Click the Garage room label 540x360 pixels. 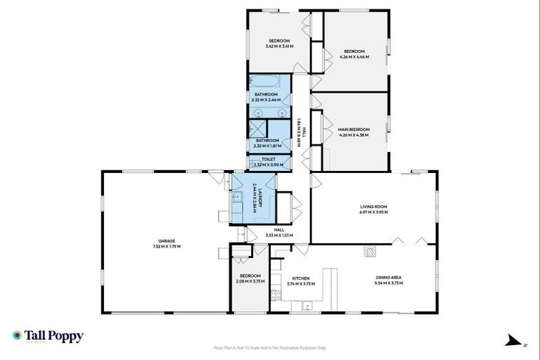tap(167, 243)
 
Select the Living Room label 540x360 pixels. tap(373, 207)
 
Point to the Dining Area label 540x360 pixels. tap(389, 278)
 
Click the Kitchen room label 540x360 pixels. tap(301, 278)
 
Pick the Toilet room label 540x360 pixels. tap(269, 160)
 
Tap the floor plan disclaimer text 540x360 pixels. tap(270, 347)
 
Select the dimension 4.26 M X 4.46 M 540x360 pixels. tap(354, 56)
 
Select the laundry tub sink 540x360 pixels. tap(237, 199)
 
